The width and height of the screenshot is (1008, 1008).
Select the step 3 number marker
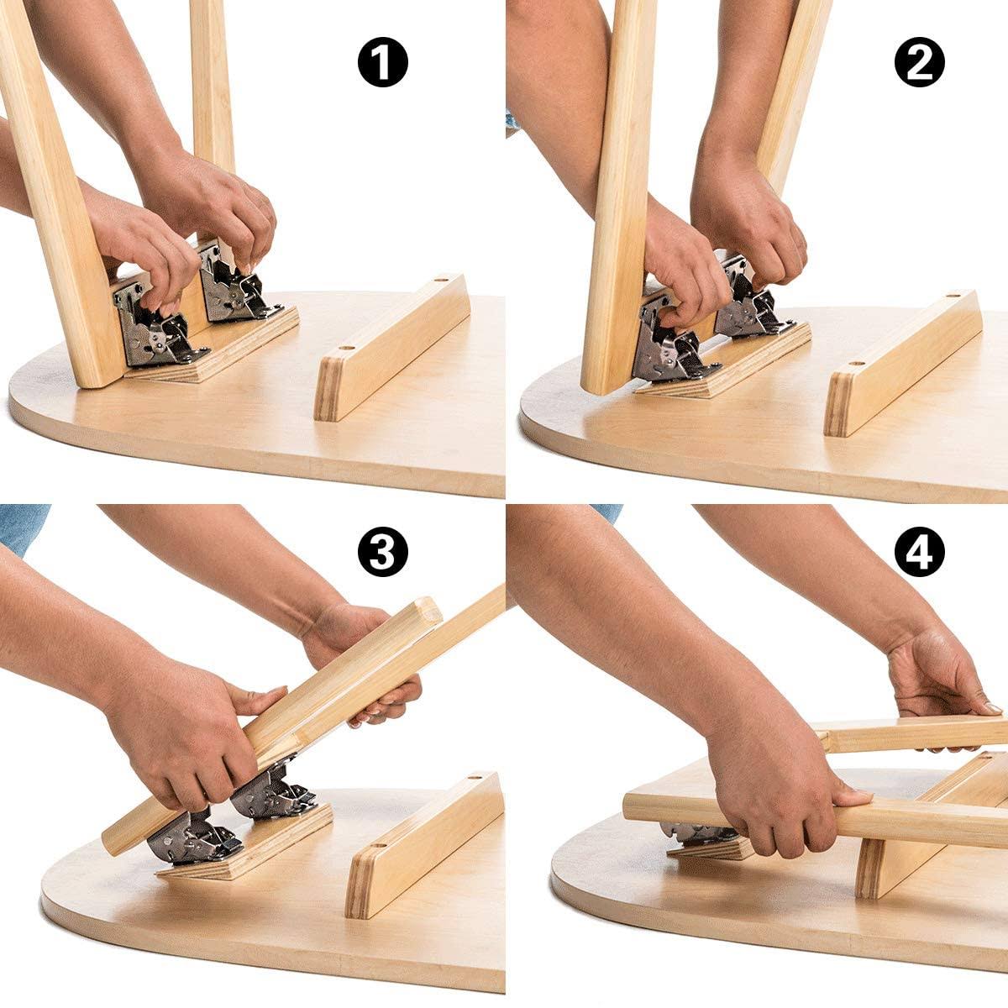tap(382, 552)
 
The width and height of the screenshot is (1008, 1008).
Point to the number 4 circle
tap(919, 552)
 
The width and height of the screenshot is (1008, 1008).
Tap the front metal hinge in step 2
tap(672, 344)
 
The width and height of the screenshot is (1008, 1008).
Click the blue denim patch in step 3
tap(21, 525)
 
